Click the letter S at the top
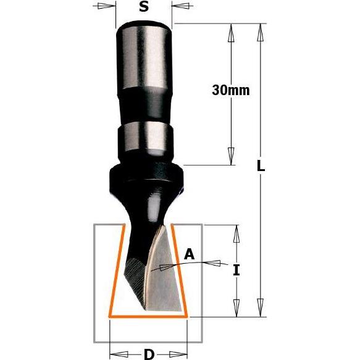click(x=143, y=8)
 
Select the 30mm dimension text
click(x=230, y=90)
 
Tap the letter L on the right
click(x=261, y=166)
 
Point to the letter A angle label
click(x=190, y=253)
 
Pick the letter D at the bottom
click(x=148, y=354)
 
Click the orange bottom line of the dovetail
click(x=148, y=316)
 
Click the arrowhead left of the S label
click(x=109, y=9)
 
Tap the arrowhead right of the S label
click(x=178, y=9)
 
